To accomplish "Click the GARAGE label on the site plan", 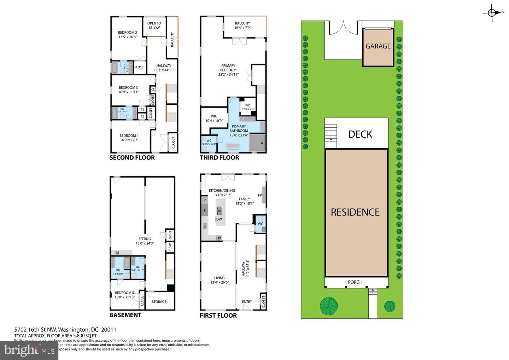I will (378, 46).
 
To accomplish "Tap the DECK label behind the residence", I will (360, 134).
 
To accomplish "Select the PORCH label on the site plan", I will (355, 282).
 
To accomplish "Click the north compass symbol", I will (492, 13).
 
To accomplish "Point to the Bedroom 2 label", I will (127, 33).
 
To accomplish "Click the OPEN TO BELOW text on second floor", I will (154, 25).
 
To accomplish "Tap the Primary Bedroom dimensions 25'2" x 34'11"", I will (228, 75).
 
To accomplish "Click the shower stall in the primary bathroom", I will (258, 143).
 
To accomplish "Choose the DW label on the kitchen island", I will (219, 220).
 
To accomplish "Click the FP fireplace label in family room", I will (260, 195).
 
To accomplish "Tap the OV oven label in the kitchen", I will (218, 238).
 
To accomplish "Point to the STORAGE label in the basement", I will (159, 302).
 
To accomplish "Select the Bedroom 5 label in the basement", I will (124, 293).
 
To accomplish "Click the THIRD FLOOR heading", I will (220, 158).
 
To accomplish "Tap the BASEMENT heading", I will (125, 315).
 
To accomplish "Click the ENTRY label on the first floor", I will (247, 302).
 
